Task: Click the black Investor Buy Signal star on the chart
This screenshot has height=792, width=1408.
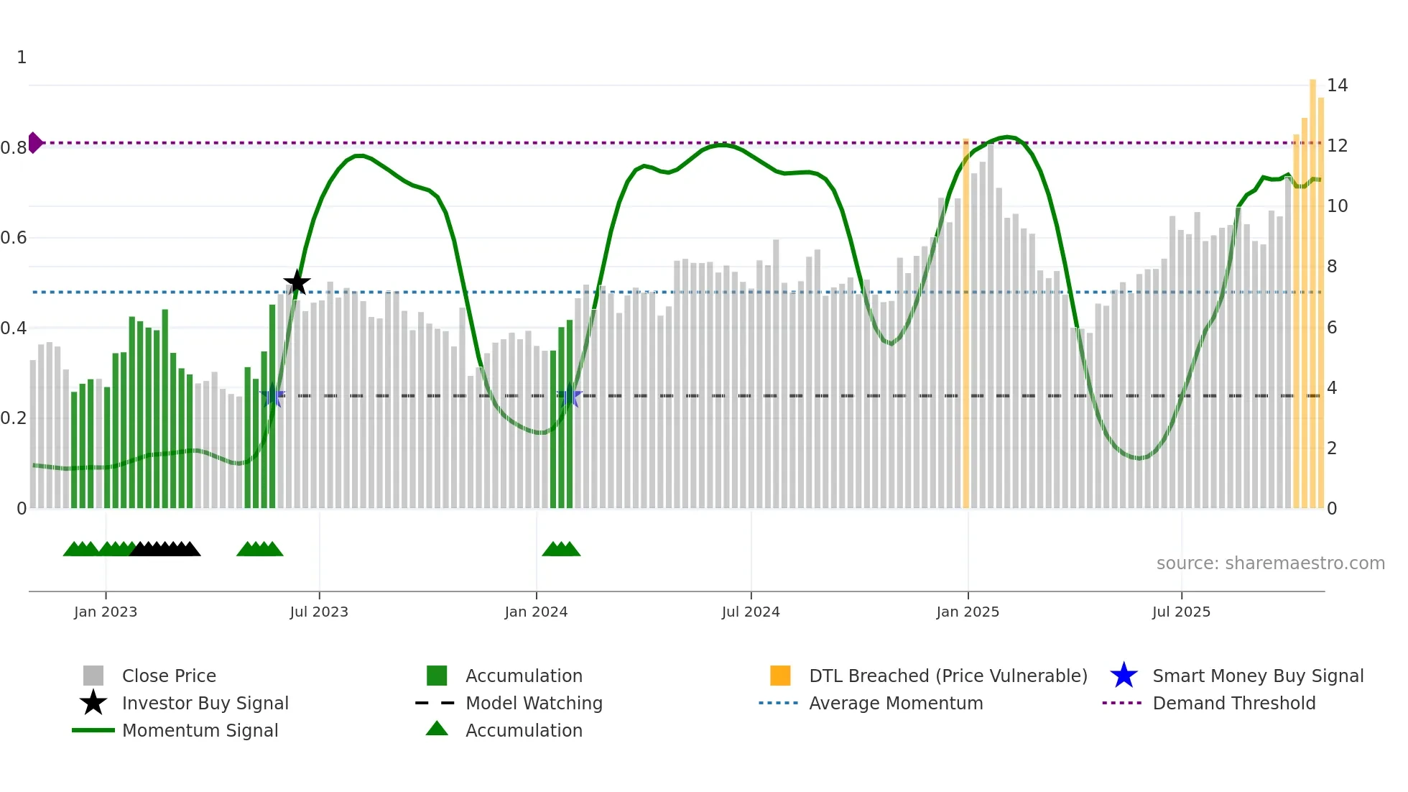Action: coord(297,282)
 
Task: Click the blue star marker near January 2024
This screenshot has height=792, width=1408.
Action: coord(570,395)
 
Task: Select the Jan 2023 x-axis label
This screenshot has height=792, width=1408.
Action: coord(106,612)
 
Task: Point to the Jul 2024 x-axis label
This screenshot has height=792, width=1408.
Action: coord(751,612)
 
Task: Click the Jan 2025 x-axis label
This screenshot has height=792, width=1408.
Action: coord(968,612)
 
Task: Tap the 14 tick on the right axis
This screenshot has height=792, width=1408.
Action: coord(1337,86)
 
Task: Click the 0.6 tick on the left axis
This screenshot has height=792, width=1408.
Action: coord(14,238)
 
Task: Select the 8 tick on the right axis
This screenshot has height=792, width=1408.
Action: coord(1332,267)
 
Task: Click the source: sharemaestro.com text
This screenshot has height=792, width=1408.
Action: coord(1270,563)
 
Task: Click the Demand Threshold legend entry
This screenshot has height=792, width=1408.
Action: coord(1233,703)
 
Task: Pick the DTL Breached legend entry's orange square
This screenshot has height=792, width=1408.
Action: coord(780,676)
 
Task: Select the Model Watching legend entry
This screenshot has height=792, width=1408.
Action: coord(533,703)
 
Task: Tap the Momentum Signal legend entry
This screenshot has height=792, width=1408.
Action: coord(200,730)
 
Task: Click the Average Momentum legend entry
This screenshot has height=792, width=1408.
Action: coord(895,703)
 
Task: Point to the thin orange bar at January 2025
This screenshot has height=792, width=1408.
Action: coord(965,323)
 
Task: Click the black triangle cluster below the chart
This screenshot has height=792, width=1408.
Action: coord(165,549)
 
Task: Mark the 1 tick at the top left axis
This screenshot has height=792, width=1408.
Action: coord(22,57)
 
